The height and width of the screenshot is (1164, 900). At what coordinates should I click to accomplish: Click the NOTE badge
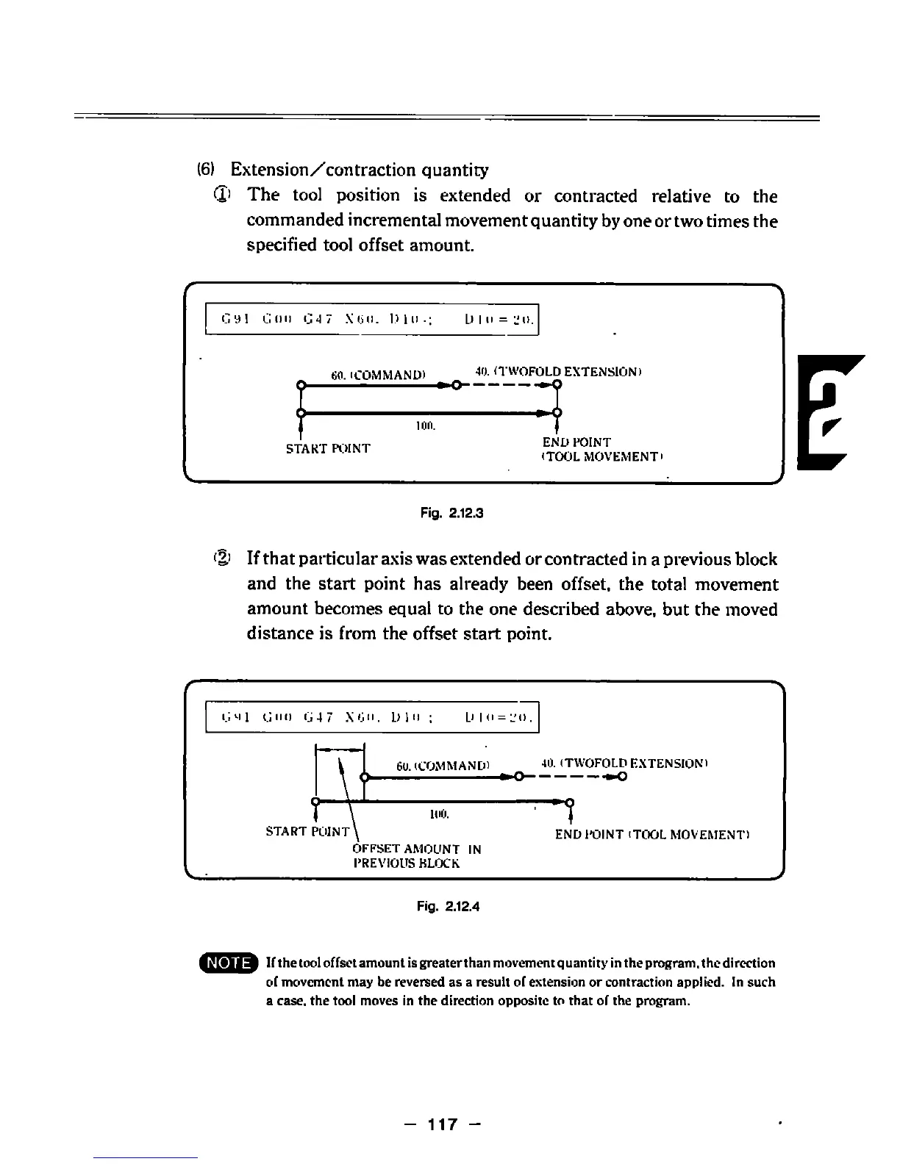point(229,963)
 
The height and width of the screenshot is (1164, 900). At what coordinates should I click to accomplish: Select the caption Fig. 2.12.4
point(448,906)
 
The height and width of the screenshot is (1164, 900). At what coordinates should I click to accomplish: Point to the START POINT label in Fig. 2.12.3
point(328,448)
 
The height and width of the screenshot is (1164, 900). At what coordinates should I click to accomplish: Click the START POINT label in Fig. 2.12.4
point(307,832)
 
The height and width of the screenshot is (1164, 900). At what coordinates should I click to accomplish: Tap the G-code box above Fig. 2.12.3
point(373,319)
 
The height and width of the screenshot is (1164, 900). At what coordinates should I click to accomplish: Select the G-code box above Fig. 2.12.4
point(373,717)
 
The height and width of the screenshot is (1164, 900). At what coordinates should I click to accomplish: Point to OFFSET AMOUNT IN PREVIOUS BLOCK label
point(417,856)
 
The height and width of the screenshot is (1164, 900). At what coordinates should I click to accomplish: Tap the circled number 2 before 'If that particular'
point(223,559)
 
